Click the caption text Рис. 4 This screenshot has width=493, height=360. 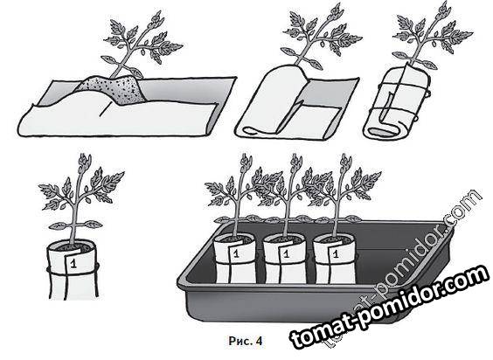pyautogui.click(x=246, y=341)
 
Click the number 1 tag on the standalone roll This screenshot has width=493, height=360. pyautogui.click(x=73, y=262)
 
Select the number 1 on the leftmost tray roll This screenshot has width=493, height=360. pyautogui.click(x=236, y=254)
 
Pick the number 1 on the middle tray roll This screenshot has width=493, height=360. pyautogui.click(x=287, y=253)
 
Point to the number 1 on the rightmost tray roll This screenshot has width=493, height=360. pyautogui.click(x=337, y=253)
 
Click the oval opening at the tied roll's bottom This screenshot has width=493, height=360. pyautogui.click(x=381, y=132)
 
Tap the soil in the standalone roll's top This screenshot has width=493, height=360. pyautogui.click(x=73, y=247)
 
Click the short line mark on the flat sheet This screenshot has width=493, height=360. pyautogui.click(x=105, y=109)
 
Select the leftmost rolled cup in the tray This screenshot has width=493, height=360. pyautogui.click(x=235, y=259)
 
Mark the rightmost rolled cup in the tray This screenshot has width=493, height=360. pyautogui.click(x=334, y=259)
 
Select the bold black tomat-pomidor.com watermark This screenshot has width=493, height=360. pyautogui.click(x=389, y=308)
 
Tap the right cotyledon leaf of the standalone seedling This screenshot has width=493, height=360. pyautogui.click(x=92, y=225)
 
